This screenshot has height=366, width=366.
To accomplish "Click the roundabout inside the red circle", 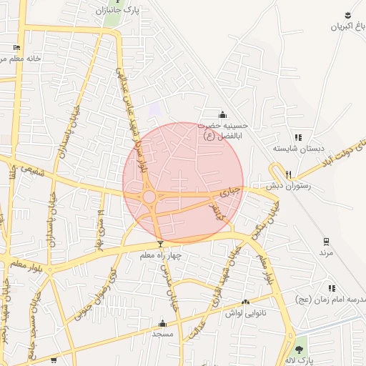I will pyautogui.click(x=149, y=197).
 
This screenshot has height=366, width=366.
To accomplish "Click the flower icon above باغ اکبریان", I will pyautogui.click(x=347, y=15).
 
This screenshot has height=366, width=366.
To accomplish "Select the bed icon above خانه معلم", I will pyautogui.click(x=17, y=47).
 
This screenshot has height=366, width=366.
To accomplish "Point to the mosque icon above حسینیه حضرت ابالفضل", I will pyautogui.click(x=222, y=114).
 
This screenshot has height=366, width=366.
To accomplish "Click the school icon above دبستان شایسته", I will pyautogui.click(x=298, y=137).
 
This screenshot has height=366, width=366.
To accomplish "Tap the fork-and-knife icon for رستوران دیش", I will pyautogui.click(x=289, y=174).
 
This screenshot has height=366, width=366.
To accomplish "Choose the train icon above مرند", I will pyautogui.click(x=326, y=241).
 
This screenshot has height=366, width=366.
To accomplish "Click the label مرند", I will pyautogui.click(x=326, y=253).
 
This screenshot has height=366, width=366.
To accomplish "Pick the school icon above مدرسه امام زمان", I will pyautogui.click(x=331, y=287).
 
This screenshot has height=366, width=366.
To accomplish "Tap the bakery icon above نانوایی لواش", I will pyautogui.click(x=246, y=302).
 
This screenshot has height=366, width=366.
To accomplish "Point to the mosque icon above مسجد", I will pyautogui.click(x=162, y=323).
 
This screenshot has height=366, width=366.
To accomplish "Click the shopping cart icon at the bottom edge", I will pyautogui.click(x=54, y=361).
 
